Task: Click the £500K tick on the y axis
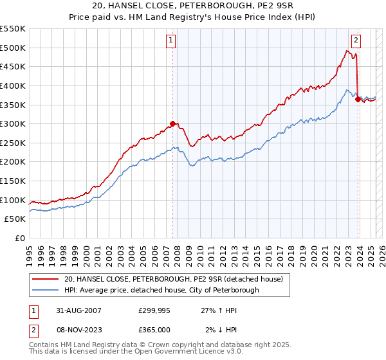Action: click(14, 48)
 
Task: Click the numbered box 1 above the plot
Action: click(171, 40)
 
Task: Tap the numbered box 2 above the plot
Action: click(356, 40)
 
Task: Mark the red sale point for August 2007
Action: click(173, 124)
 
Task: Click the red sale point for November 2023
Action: click(358, 99)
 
